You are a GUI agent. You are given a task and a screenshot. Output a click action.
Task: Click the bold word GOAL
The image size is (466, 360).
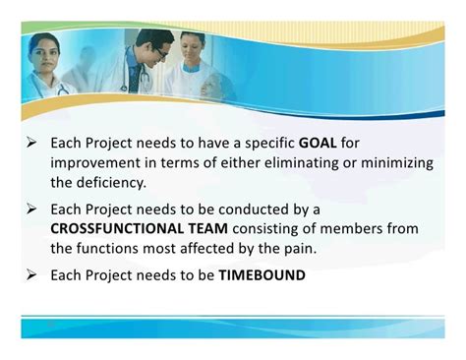318,143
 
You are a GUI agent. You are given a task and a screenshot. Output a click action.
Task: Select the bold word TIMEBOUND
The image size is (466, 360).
262,275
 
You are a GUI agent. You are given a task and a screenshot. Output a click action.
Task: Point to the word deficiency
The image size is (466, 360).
111,183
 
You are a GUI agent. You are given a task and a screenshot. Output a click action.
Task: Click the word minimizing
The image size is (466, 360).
397,163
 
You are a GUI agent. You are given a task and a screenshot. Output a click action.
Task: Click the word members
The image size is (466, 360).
351,228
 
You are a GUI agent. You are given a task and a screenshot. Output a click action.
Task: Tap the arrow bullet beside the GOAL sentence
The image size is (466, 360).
31,143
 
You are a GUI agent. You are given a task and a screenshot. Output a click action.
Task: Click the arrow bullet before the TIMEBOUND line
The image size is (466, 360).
31,274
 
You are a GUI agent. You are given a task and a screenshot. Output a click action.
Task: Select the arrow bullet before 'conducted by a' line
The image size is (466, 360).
31,209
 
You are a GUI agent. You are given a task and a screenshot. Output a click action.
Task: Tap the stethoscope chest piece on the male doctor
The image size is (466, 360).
124,88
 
